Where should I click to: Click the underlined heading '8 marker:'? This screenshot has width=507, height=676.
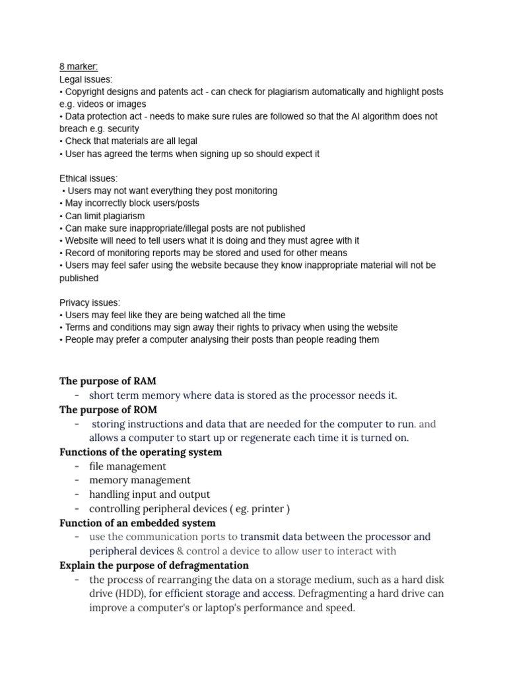(79, 67)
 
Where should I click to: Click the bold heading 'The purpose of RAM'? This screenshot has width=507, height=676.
(108, 381)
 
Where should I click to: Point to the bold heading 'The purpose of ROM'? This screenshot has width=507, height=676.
(108, 409)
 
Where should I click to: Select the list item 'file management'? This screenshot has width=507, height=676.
(127, 466)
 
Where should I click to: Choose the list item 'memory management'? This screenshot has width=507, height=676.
(139, 480)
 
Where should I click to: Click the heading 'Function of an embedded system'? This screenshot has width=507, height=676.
(137, 523)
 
